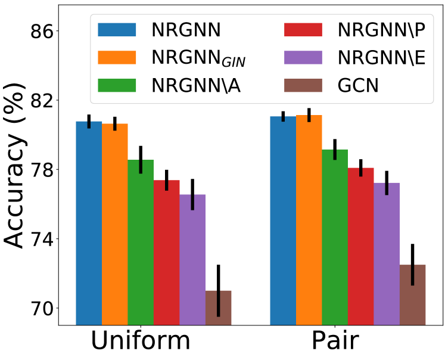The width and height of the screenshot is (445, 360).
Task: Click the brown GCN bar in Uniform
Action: coord(218,308)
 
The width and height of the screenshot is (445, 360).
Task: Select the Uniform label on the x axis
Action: coord(141,342)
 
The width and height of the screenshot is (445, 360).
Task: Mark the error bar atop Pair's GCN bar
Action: coord(412,265)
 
